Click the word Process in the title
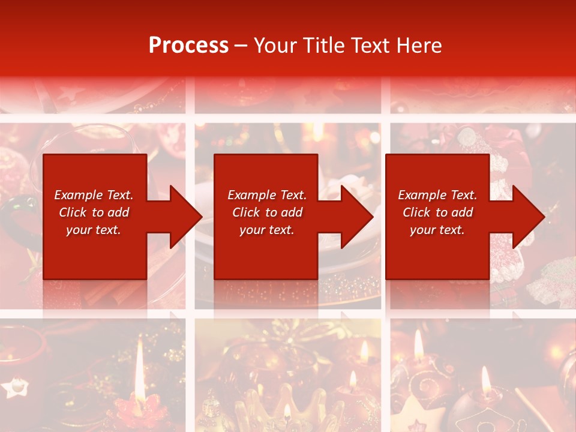coord(188,46)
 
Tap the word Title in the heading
coord(325,46)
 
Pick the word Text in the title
coord(370,46)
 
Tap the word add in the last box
coord(462,212)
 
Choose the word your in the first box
coord(79,230)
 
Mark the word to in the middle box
coord(271,212)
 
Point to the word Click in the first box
coord(73,212)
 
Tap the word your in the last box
coord(423,230)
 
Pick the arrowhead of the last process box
coord(528,217)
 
